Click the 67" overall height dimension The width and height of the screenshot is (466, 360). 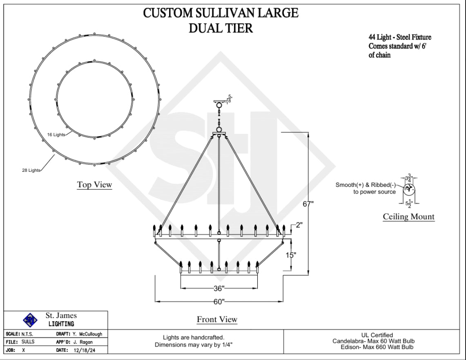pyautogui.click(x=308, y=204)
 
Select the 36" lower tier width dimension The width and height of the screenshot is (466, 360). pyautogui.click(x=219, y=289)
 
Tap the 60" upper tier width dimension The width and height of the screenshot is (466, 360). pyautogui.click(x=219, y=302)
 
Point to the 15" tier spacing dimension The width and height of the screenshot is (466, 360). pyautogui.click(x=290, y=255)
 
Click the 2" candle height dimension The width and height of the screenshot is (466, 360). pyautogui.click(x=299, y=225)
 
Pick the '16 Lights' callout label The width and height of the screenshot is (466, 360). pyautogui.click(x=56, y=135)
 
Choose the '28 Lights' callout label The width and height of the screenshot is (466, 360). pyautogui.click(x=31, y=170)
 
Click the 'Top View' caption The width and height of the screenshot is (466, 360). pyautogui.click(x=94, y=185)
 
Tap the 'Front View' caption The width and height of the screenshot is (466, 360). pyautogui.click(x=217, y=319)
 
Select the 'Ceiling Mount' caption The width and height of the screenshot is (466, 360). pyautogui.click(x=408, y=217)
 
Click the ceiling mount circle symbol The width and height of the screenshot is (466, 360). pyautogui.click(x=409, y=189)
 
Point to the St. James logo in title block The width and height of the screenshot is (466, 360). pyautogui.click(x=30, y=319)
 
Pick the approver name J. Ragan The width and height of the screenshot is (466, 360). pyautogui.click(x=81, y=342)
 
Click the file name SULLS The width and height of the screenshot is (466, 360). pyautogui.click(x=28, y=342)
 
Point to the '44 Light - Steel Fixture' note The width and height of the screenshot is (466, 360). pyautogui.click(x=399, y=38)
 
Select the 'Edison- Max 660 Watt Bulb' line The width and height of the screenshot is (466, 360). pyautogui.click(x=377, y=347)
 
